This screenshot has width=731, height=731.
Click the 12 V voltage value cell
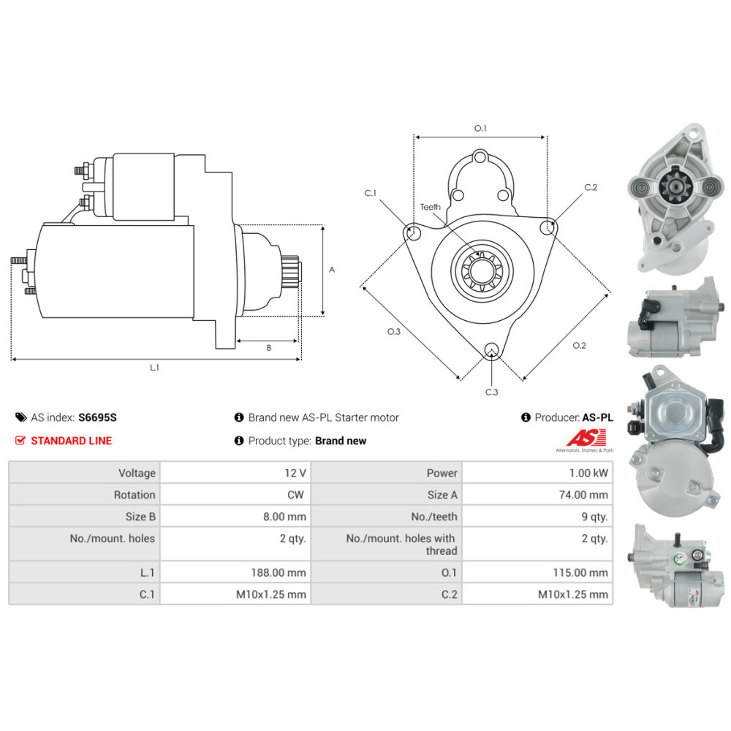coord(295,473)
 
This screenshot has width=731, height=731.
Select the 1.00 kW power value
coord(591,473)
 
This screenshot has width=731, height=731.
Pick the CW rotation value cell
coord(295,495)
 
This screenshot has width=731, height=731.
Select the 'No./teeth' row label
coord(434,517)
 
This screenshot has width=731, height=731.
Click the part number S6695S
coord(97,418)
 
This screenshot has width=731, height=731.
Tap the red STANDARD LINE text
coord(71,441)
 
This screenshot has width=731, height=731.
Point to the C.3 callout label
coord(492,393)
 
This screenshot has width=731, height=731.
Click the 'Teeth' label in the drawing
coord(431,207)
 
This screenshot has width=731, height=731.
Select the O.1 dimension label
coord(480,128)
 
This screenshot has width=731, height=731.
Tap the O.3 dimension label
coord(394,332)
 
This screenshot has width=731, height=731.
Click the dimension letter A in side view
coord(332,270)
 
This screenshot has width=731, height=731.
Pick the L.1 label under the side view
coord(155,368)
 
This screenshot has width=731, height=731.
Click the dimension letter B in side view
coord(268,348)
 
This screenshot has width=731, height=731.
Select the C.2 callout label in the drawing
coord(591,188)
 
